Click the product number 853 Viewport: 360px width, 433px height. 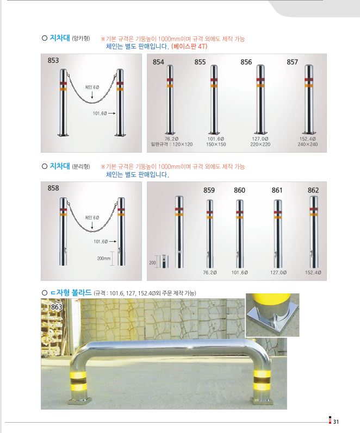click(53, 60)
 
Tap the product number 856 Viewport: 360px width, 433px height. click(246, 62)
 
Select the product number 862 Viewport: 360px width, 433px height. click(313, 190)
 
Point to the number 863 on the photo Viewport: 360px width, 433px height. click(57, 307)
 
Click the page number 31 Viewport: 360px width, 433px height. click(336, 422)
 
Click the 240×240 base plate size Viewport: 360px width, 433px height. click(307, 144)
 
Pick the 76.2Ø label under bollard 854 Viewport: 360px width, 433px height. click(171, 139)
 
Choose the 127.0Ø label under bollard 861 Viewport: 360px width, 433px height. click(278, 273)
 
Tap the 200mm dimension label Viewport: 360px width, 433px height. click(104, 259)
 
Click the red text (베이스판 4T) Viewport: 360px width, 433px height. click(189, 46)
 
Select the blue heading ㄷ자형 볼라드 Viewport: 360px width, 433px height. click(71, 293)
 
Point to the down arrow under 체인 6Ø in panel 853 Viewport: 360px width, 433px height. click(92, 95)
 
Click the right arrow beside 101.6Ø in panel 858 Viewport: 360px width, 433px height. click(113, 242)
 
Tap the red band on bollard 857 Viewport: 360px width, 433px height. click(308, 80)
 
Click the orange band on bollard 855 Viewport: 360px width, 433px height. click(214, 86)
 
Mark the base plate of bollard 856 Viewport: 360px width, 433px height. click(260, 134)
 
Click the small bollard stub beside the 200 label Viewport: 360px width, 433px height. click(165, 261)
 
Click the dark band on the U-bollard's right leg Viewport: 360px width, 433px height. click(262, 381)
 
